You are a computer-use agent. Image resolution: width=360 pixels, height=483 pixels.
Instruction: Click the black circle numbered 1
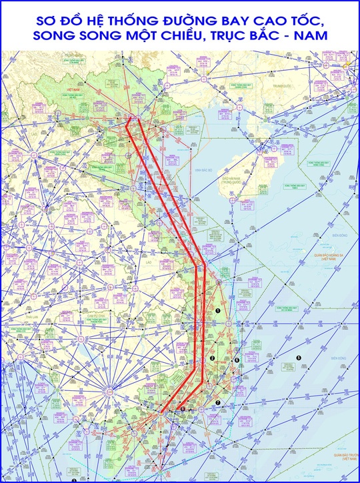pyautogui.click(x=219, y=312)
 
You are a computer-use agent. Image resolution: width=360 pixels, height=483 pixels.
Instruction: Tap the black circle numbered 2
pyautogui.click(x=212, y=359)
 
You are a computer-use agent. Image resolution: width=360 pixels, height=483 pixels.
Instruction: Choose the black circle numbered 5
pyautogui.click(x=299, y=358)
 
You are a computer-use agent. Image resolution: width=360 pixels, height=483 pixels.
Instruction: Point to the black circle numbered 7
pyautogui.click(x=217, y=402)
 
